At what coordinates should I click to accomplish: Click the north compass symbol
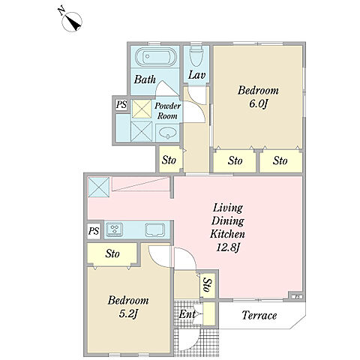click(72, 22)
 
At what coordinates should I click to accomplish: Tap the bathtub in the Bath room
click(156, 57)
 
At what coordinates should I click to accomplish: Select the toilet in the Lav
click(196, 56)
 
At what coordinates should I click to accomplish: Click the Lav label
click(196, 75)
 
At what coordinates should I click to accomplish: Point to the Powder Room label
click(167, 110)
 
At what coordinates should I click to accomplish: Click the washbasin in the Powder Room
click(167, 133)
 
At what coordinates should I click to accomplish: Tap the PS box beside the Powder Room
click(121, 104)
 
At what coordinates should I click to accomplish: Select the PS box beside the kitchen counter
click(94, 231)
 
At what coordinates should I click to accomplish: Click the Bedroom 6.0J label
click(258, 97)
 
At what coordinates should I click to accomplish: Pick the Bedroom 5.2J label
click(128, 307)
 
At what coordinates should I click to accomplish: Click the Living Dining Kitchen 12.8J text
click(227, 227)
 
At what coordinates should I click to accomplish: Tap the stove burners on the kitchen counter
click(114, 229)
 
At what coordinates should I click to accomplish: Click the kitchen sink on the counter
click(155, 229)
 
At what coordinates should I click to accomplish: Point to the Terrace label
click(259, 315)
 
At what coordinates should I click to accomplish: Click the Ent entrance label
click(187, 314)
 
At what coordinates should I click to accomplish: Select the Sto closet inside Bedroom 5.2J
click(112, 253)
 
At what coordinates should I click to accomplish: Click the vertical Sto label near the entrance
click(208, 285)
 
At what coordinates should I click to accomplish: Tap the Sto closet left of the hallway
click(169, 160)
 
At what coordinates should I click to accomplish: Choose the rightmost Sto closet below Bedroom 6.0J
click(280, 160)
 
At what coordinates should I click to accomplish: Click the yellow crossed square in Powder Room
click(142, 109)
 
